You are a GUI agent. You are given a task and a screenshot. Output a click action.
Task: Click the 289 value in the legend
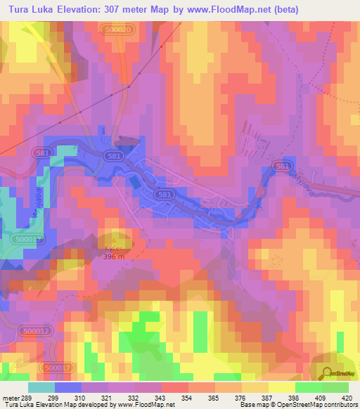click(x=26, y=398)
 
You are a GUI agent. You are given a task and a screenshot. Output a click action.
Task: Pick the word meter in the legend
click(x=8, y=398)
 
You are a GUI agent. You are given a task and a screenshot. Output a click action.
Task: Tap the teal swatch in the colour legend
click(x=41, y=387)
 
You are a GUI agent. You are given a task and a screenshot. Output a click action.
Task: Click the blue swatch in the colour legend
click(x=68, y=387)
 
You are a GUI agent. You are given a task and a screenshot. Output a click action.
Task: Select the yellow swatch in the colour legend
click(x=281, y=387)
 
